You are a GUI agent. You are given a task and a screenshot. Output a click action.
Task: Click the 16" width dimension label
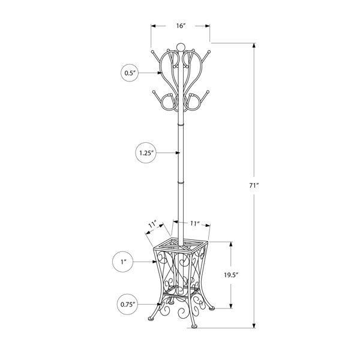[181, 26]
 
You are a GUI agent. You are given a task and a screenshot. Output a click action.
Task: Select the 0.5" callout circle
[130, 73]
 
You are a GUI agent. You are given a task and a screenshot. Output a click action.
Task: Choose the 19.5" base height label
[230, 275]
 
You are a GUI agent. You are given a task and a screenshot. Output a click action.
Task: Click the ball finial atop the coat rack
[180, 46]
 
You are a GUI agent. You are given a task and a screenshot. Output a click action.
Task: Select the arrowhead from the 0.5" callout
[162, 73]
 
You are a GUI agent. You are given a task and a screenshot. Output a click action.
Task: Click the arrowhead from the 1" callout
[158, 261]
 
